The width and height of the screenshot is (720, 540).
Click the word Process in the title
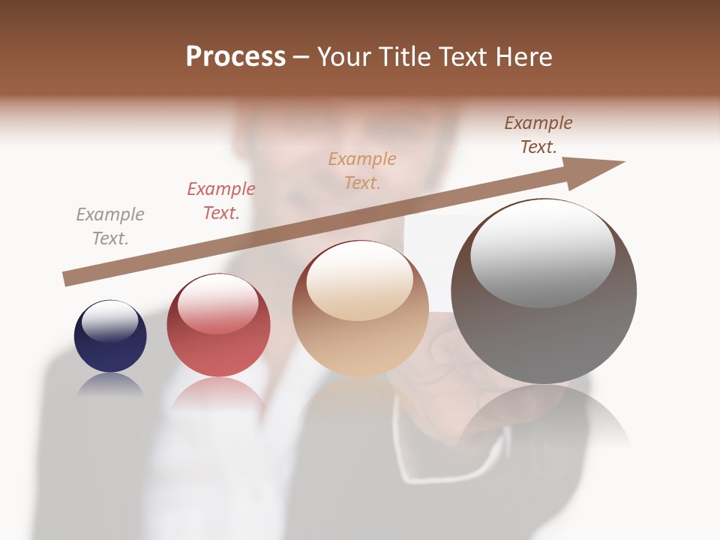pos(235,56)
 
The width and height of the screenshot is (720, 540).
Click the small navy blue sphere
pos(110,337)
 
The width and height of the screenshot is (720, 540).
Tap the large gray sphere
pos(544,292)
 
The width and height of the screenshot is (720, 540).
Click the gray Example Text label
pos(110,226)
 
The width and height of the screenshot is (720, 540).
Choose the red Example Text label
pos(221,201)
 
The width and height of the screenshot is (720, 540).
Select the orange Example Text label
pos(362,171)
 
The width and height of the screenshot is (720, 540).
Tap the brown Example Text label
pos(538,135)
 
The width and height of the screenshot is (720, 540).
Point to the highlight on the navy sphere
pos(110,321)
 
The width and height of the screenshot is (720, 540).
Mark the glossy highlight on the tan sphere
pos(359,280)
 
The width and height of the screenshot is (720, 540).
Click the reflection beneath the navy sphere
pos(110,384)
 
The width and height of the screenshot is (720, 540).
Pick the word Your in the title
pos(345,57)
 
